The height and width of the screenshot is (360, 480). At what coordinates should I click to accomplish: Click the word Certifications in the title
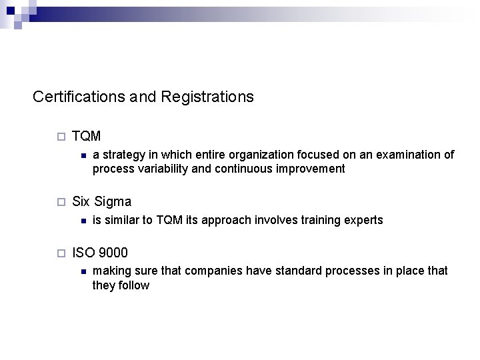pyautogui.click(x=78, y=97)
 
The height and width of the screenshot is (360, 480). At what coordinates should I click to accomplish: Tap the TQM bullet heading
pyautogui.click(x=86, y=136)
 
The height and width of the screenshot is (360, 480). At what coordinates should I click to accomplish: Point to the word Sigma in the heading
pyautogui.click(x=113, y=201)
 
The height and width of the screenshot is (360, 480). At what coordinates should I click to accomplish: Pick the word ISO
pyautogui.click(x=83, y=253)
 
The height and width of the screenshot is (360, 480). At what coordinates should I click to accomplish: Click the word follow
pyautogui.click(x=135, y=285)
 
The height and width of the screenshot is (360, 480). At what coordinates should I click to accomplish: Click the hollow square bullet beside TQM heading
pyautogui.click(x=61, y=137)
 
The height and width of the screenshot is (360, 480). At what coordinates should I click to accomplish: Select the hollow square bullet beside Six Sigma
pyautogui.click(x=61, y=202)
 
